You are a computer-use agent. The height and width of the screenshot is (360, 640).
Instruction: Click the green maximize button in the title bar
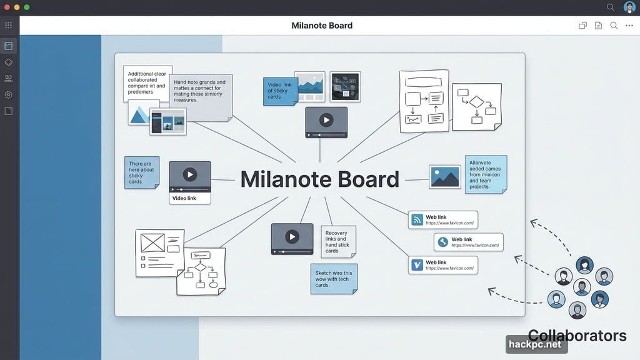(26, 7)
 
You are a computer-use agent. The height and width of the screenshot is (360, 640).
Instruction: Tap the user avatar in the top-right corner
(629, 7)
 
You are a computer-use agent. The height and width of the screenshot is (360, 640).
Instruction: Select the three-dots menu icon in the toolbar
(629, 26)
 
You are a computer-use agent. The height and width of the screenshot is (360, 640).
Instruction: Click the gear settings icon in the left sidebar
(9, 94)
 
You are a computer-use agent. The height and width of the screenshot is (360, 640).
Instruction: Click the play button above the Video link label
(190, 175)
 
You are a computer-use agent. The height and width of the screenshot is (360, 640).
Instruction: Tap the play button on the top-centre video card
(326, 120)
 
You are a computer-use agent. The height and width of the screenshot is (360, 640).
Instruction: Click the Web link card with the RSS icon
(442, 220)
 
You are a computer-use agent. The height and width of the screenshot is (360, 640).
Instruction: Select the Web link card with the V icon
(442, 265)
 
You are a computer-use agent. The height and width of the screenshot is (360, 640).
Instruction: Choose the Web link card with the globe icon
(468, 242)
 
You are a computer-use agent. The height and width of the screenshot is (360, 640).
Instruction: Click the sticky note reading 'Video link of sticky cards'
(279, 91)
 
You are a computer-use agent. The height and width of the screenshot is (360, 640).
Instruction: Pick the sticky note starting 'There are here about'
(141, 172)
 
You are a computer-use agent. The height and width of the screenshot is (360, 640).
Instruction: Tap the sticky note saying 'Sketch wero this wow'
(334, 279)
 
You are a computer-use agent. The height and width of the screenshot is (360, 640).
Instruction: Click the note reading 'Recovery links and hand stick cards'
(337, 242)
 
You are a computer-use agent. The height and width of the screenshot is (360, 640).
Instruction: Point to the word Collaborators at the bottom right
(576, 336)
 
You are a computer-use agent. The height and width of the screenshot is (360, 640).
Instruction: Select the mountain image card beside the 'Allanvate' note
(444, 177)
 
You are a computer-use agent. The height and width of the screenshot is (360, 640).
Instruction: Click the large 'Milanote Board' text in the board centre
(319, 179)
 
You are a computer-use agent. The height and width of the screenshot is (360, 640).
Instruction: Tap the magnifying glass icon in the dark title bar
(610, 7)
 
